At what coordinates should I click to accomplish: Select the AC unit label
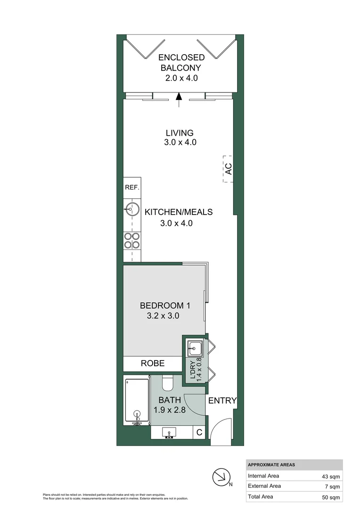228,169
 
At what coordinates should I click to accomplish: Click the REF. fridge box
132,188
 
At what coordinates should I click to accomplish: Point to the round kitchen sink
132,208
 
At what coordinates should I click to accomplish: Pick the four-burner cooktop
132,241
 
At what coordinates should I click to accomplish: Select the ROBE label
153,363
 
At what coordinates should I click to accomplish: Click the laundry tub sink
195,348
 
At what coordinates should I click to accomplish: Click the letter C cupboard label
199,432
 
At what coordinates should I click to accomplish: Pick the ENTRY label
222,401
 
